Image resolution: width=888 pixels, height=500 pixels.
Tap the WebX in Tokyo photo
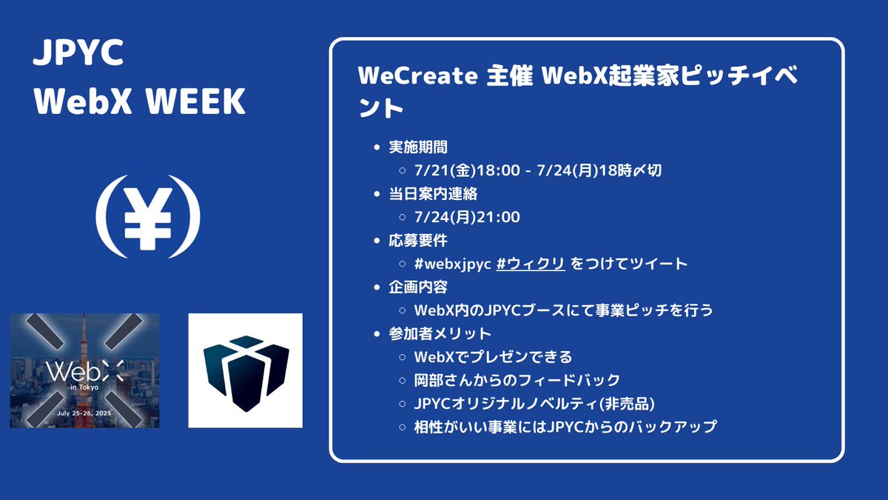[84, 370]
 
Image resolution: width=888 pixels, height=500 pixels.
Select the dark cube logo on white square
[245, 370]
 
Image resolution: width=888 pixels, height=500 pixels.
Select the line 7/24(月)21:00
[468, 217]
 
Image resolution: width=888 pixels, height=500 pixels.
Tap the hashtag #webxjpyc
[453, 264]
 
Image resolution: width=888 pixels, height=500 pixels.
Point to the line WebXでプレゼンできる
[494, 357]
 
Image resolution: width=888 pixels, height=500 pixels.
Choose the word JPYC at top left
[78, 56]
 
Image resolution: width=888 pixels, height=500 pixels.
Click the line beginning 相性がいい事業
[566, 427]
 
